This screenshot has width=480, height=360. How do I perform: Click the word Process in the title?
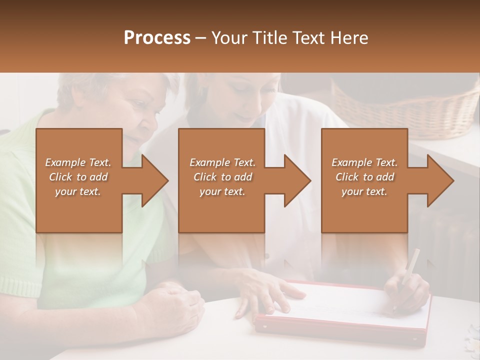(x=157, y=38)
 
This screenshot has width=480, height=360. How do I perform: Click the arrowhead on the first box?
(x=154, y=180)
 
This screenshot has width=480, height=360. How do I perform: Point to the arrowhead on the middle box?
(x=297, y=180)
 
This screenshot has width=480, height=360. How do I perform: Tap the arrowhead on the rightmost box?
(x=440, y=180)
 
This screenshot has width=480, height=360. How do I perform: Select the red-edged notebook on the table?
(x=345, y=312)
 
